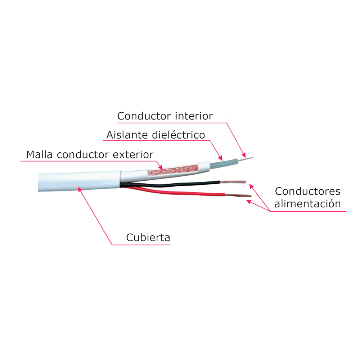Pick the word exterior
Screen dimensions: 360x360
[133, 155]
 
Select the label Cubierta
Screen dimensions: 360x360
[148, 238]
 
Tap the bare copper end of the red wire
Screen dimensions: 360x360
[238, 196]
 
